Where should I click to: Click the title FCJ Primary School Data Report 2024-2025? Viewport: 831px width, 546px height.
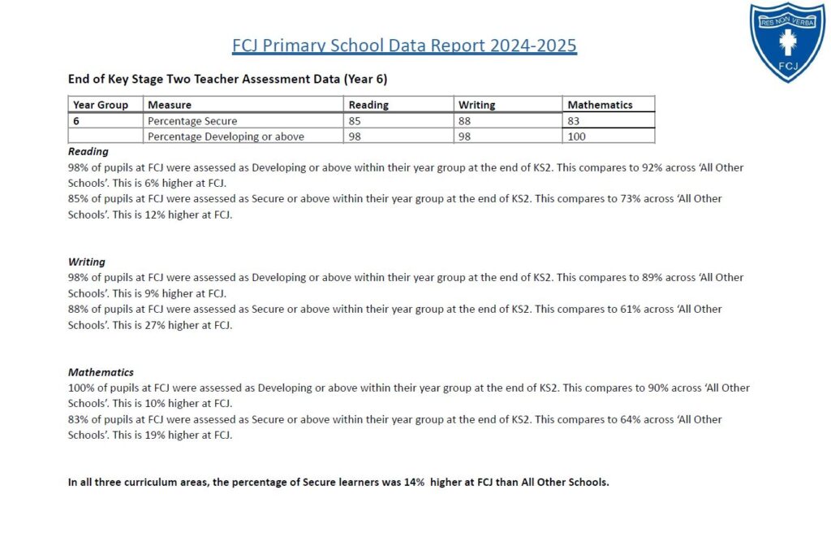coord(404,45)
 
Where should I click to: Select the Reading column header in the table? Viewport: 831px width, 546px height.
coord(368,105)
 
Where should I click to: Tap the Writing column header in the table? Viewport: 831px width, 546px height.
coord(477,105)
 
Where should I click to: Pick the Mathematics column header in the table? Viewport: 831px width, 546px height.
coord(600,105)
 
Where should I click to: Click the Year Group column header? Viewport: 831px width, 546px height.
coord(101,105)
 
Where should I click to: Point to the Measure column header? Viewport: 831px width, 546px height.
coord(170,105)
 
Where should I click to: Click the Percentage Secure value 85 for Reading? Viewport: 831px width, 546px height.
coord(355,121)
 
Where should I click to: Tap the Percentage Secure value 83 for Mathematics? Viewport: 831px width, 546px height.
coord(575,121)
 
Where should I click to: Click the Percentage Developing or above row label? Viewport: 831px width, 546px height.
coord(226,136)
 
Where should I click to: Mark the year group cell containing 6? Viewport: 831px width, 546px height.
coord(76,121)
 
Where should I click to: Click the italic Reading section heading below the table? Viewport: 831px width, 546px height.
coord(88,151)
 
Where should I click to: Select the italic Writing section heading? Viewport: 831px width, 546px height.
coord(87,262)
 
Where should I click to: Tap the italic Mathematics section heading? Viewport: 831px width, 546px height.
coord(101,372)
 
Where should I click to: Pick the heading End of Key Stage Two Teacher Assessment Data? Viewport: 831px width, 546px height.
coord(232,80)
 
